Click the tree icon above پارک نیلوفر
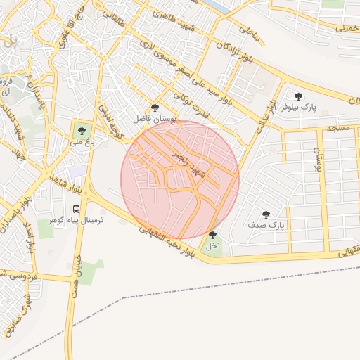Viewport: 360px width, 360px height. pyautogui.click(x=298, y=96)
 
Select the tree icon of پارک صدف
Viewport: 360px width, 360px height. pyautogui.click(x=265, y=214)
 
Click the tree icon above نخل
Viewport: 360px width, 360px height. pyautogui.click(x=212, y=236)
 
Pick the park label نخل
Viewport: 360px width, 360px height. pyautogui.click(x=212, y=247)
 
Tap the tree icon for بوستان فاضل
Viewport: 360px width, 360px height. pyautogui.click(x=155, y=108)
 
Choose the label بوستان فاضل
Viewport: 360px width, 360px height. pyautogui.click(x=155, y=120)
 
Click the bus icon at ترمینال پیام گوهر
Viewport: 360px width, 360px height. pyautogui.click(x=75, y=209)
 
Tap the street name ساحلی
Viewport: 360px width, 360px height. pyautogui.click(x=250, y=32)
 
